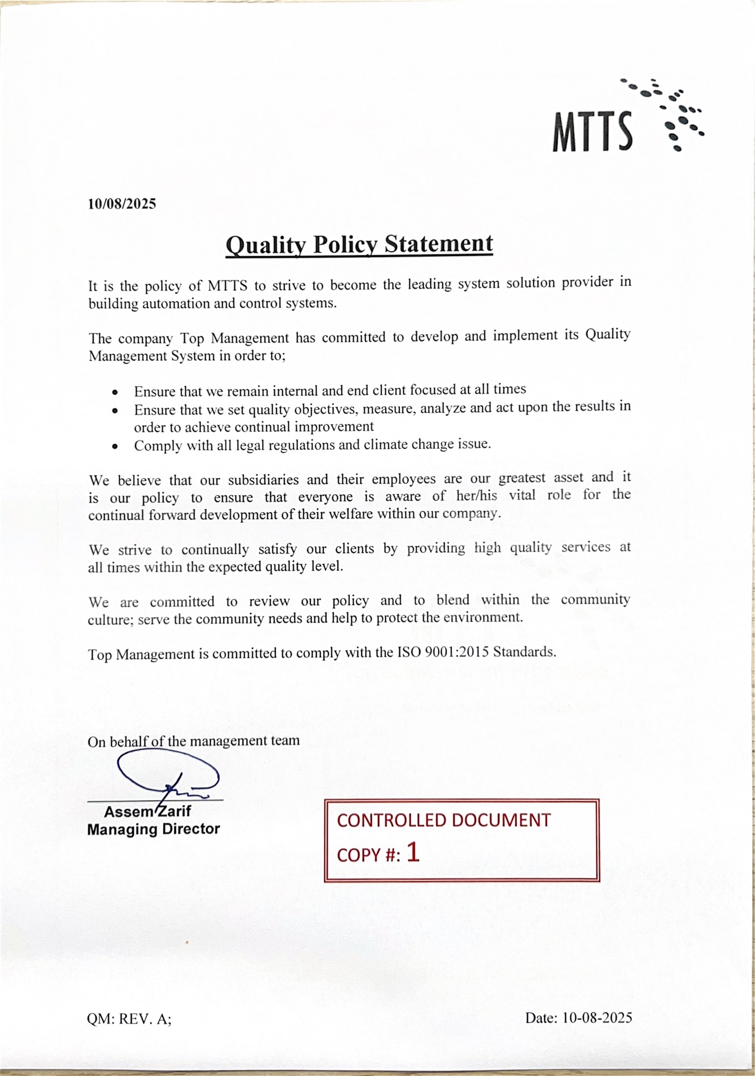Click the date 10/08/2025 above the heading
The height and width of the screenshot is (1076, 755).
tap(122, 204)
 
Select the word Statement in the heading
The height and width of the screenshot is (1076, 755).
tap(438, 244)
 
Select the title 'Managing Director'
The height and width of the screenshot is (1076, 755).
tap(153, 829)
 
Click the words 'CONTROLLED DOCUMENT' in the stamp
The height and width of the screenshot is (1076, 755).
tap(443, 820)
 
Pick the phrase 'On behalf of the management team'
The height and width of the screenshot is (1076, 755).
tap(193, 741)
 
